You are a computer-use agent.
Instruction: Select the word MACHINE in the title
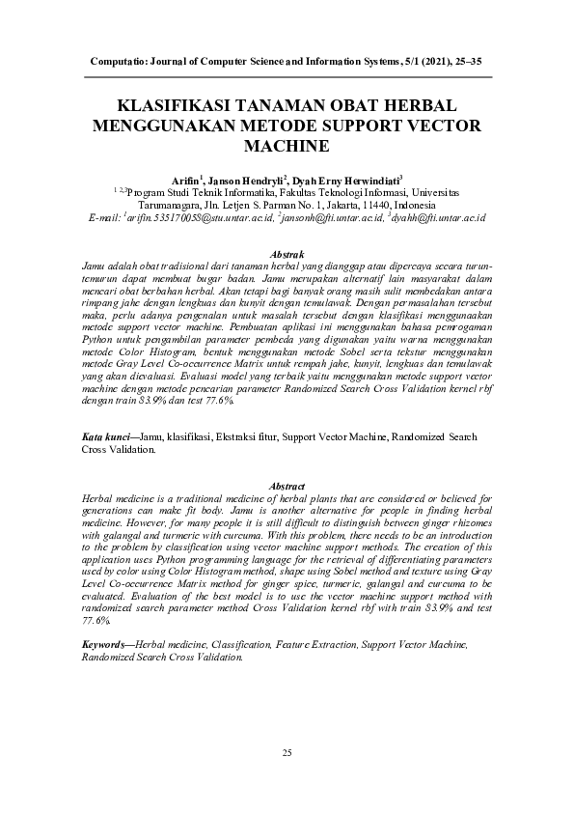click(x=287, y=146)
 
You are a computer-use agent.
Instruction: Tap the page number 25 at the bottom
click(x=287, y=752)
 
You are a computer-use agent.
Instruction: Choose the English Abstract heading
click(x=287, y=485)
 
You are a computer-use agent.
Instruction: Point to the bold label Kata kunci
click(x=107, y=437)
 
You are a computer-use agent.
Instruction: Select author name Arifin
click(x=187, y=181)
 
